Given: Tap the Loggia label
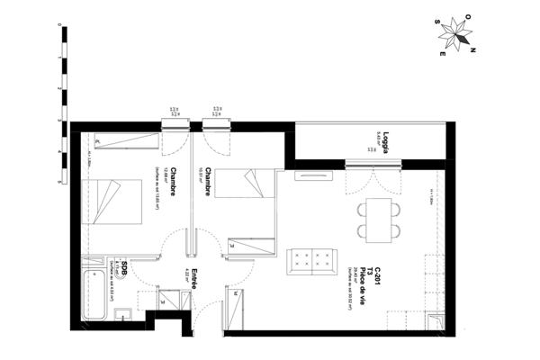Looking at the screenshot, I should pyautogui.click(x=384, y=144).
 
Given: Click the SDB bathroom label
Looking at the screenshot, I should pyautogui.click(x=125, y=264).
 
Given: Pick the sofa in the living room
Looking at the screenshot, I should pyautogui.click(x=311, y=261).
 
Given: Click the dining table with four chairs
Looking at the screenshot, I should pyautogui.click(x=375, y=218).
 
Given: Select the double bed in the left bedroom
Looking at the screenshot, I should pyautogui.click(x=114, y=201).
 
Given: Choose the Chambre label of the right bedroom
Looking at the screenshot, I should pyautogui.click(x=208, y=183).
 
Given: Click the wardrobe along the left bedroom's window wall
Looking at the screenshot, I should pyautogui.click(x=125, y=140).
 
